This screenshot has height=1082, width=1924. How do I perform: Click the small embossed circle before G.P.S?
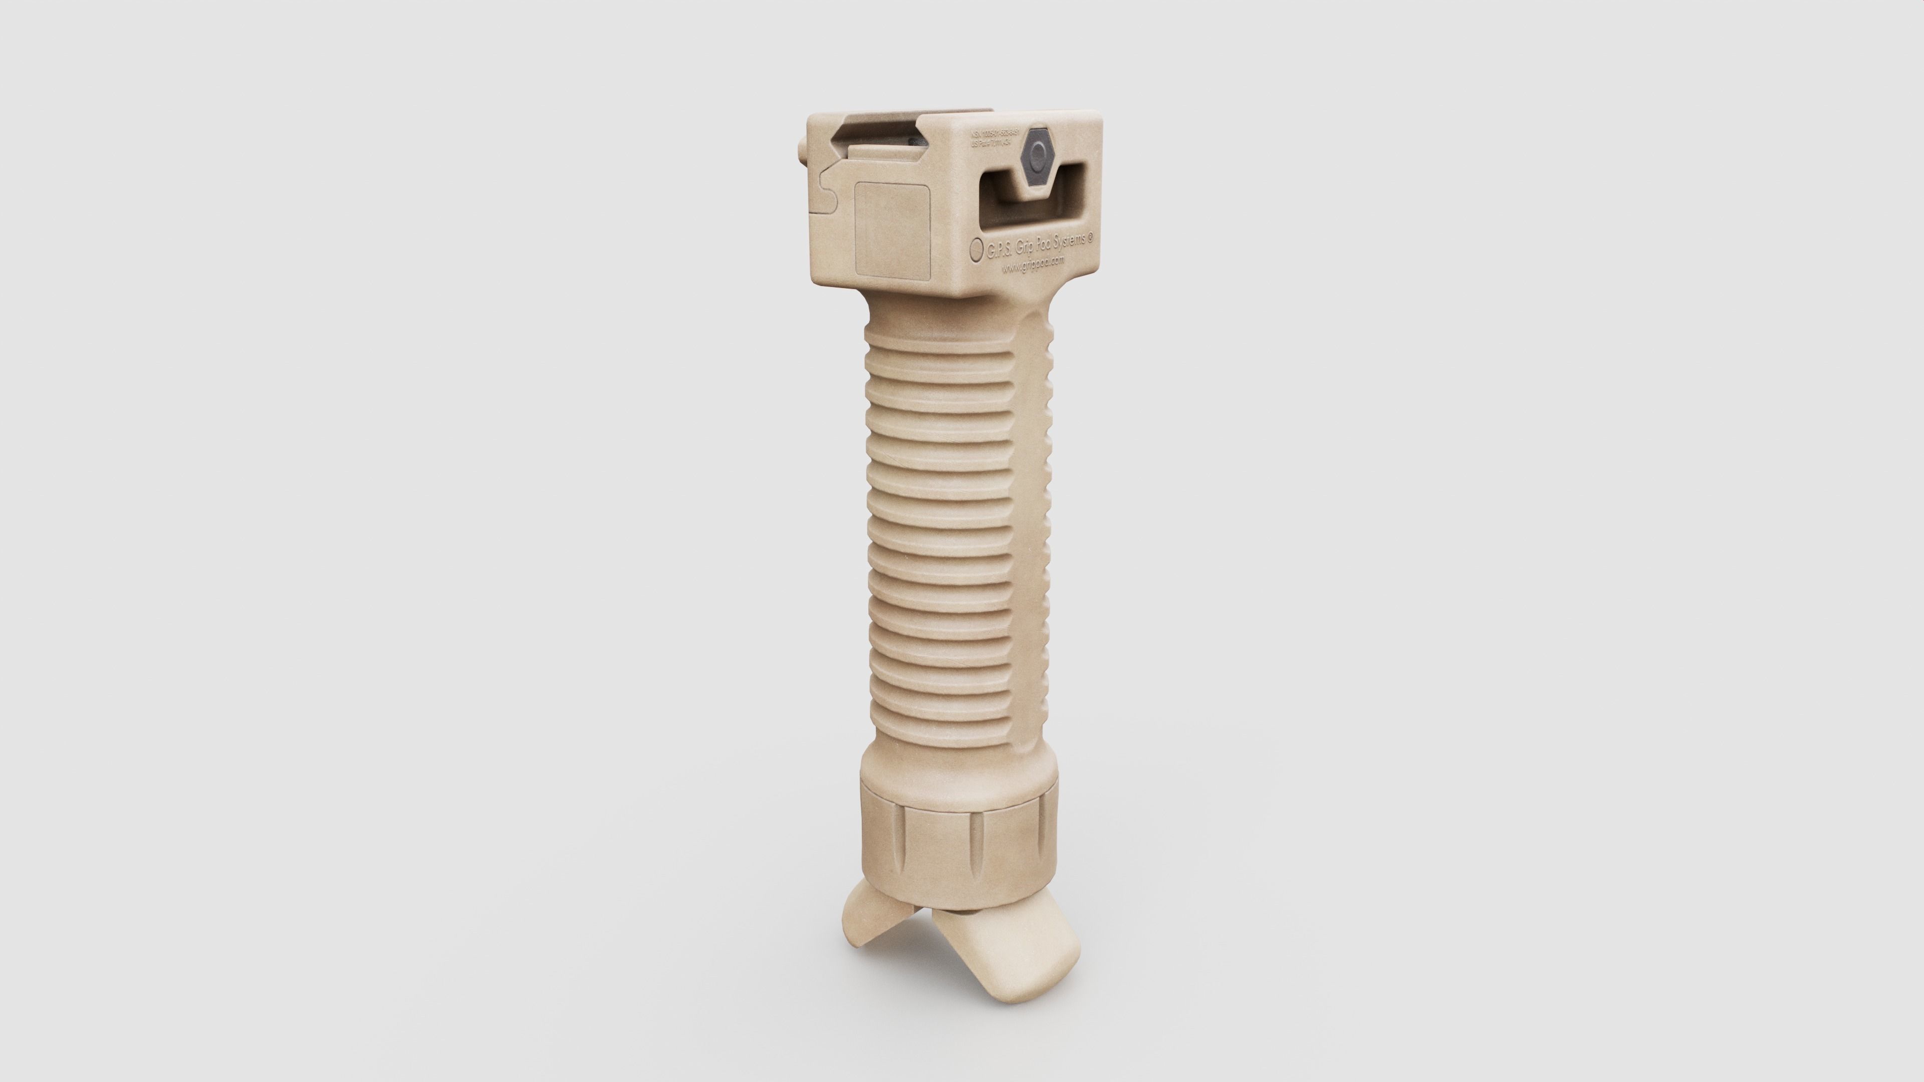(976, 249)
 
